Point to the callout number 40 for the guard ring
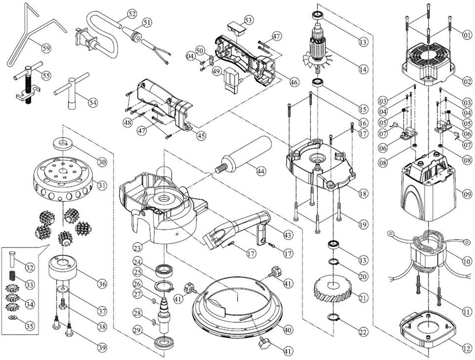click(x=287, y=329)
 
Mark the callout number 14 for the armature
click(x=362, y=70)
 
